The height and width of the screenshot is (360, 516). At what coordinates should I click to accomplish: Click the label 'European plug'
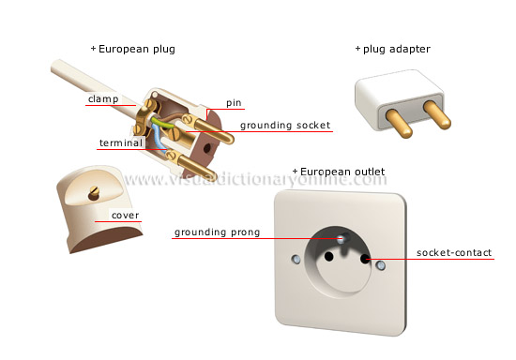click(136, 49)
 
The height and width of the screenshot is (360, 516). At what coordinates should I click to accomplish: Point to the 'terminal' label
click(120, 143)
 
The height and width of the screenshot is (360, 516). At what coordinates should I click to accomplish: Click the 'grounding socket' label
click(284, 125)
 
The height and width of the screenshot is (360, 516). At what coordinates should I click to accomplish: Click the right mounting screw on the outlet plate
click(380, 266)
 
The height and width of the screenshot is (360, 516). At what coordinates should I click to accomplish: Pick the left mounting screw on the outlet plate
click(296, 257)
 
